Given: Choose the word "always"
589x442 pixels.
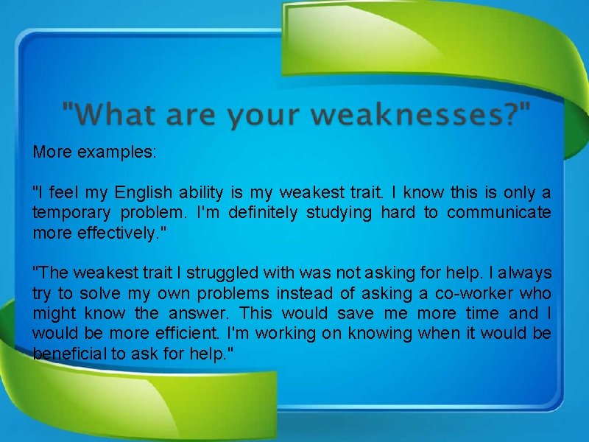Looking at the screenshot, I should (525, 273).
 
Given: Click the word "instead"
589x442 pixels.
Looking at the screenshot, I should (306, 293).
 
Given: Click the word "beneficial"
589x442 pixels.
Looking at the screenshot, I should (70, 354).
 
